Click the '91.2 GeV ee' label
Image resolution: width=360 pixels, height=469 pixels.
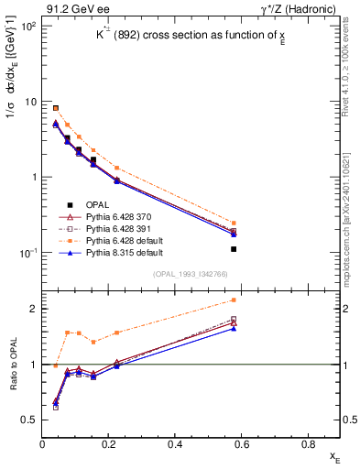coord(71,8)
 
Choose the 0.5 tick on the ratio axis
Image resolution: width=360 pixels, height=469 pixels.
coord(31,420)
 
